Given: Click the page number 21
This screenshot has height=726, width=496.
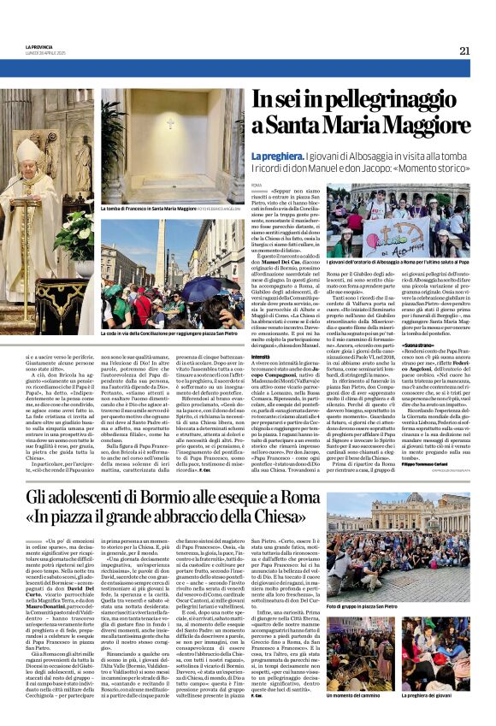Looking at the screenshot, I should pyautogui.click(x=464, y=50).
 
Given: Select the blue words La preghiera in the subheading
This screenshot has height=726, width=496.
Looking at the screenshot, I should pyautogui.click(x=273, y=156).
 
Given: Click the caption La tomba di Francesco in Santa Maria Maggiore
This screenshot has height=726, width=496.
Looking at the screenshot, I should pyautogui.click(x=150, y=208).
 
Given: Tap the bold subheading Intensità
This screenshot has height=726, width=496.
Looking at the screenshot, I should pyautogui.click(x=261, y=332).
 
